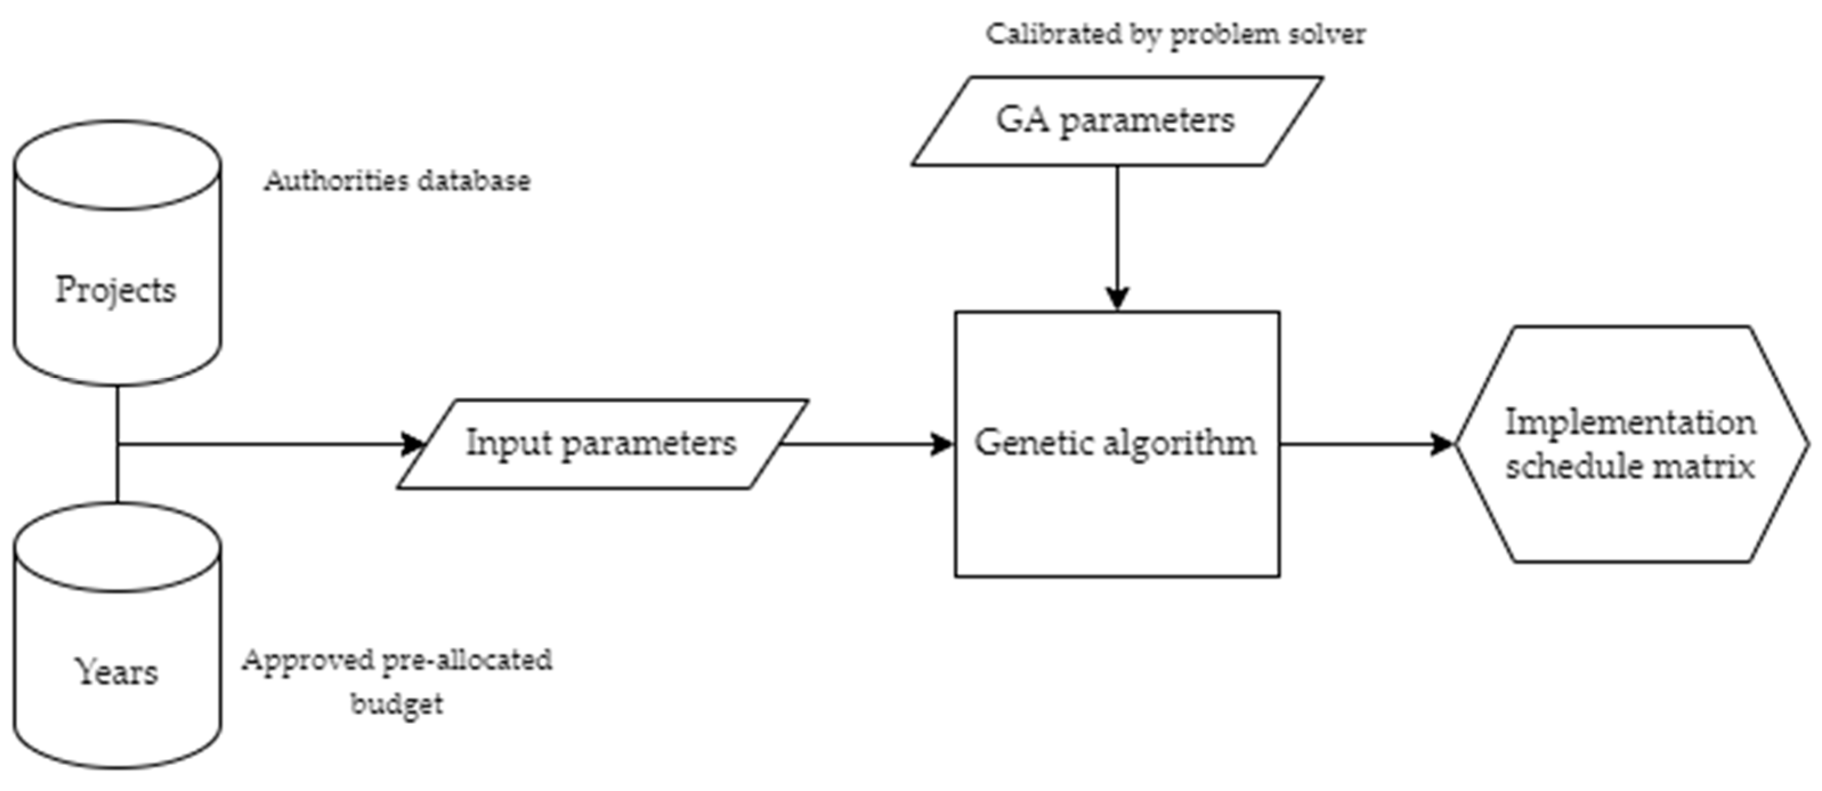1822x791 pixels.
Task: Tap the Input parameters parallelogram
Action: (601, 444)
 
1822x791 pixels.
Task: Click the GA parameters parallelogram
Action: (1116, 121)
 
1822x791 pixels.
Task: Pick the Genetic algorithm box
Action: (1116, 495)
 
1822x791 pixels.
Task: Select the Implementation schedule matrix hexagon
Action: (1630, 444)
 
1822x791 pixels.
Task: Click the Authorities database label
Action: (397, 181)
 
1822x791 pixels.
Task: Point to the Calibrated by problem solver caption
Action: (1175, 34)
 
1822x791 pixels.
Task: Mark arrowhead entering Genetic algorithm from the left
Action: (942, 444)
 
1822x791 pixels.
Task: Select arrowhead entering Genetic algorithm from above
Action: (1117, 298)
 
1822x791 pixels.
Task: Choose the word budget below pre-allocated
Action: (397, 703)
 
